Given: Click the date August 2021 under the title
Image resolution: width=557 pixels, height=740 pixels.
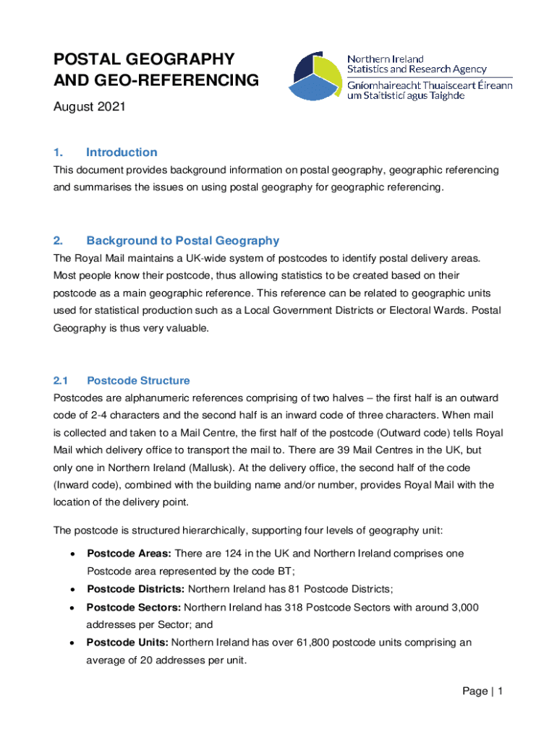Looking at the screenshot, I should pyautogui.click(x=90, y=107).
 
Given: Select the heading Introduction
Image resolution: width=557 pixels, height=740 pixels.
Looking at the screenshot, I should pyautogui.click(x=121, y=152).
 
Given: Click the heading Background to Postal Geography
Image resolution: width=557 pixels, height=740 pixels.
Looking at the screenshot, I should pyautogui.click(x=182, y=241).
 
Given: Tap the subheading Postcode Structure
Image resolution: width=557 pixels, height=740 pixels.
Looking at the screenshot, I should pyautogui.click(x=137, y=380).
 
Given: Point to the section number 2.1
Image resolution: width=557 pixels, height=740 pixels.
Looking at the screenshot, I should pyautogui.click(x=61, y=380).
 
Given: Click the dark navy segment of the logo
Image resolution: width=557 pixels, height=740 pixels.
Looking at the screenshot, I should pyautogui.click(x=304, y=66).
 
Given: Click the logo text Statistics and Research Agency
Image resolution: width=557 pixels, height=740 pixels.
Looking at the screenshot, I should pyautogui.click(x=417, y=69).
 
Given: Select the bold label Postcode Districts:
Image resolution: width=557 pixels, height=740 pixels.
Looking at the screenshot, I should pyautogui.click(x=135, y=588).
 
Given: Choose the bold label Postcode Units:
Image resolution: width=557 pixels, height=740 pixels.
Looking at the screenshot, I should pyautogui.click(x=127, y=642).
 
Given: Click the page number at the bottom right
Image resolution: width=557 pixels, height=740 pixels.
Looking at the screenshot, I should pyautogui.click(x=482, y=692).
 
